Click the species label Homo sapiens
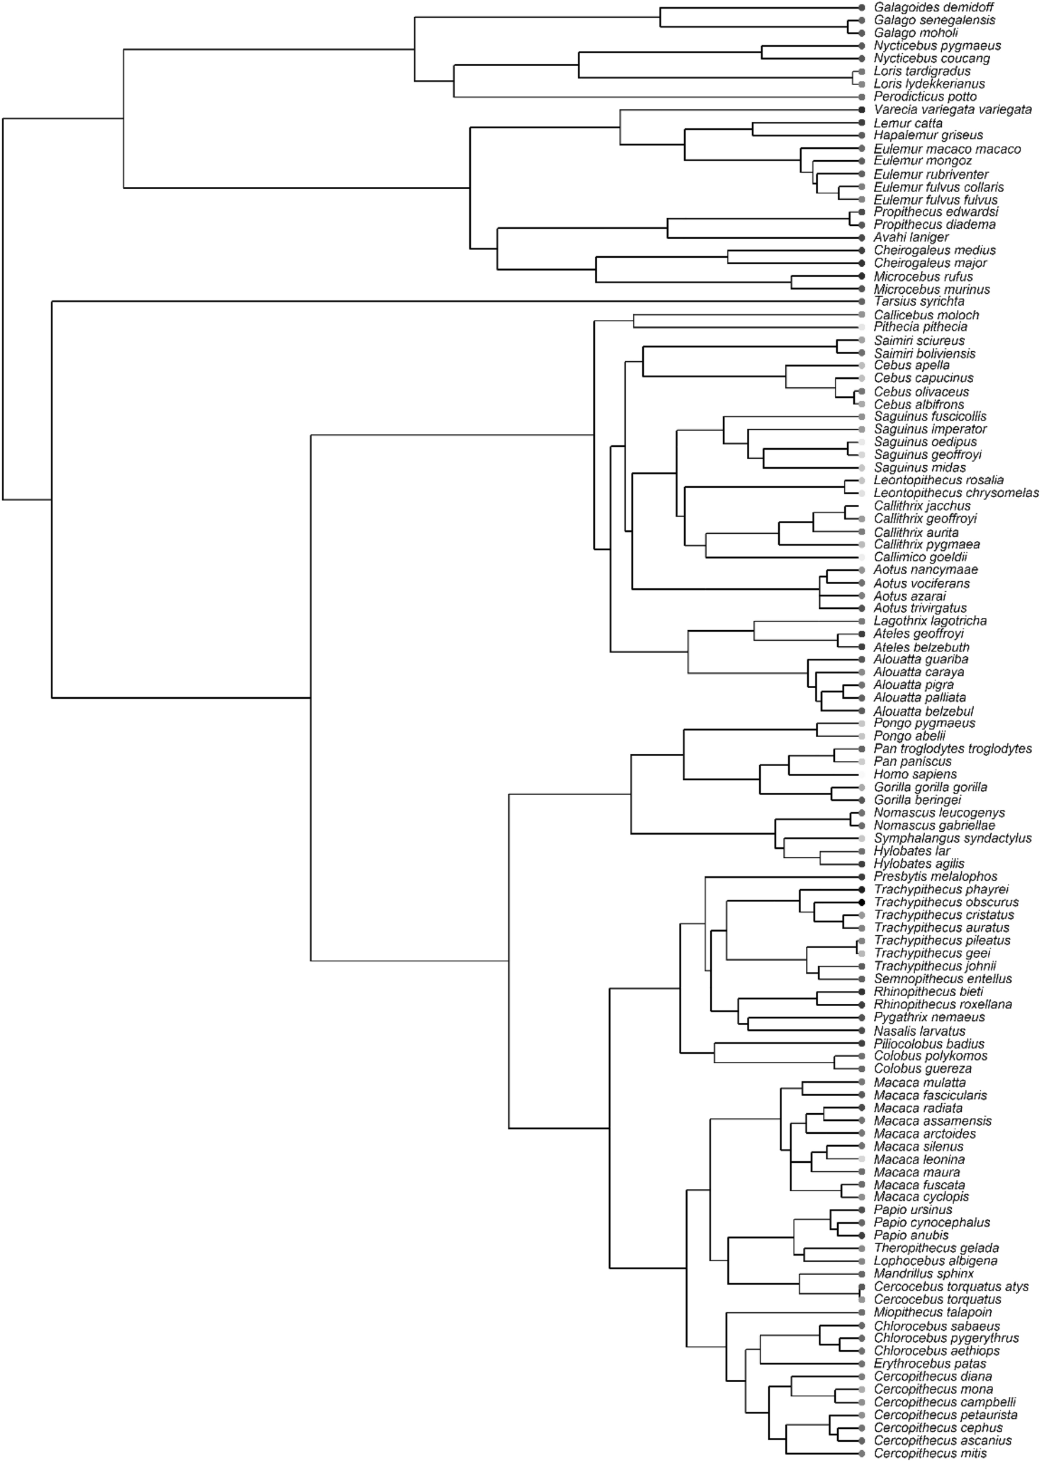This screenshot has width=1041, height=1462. pos(915,774)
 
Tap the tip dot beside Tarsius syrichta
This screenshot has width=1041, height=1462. pos(862,301)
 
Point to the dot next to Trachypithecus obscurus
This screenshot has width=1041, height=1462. pos(862,902)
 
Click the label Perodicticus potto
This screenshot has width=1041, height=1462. pos(925,97)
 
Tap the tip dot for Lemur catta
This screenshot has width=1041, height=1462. pos(862,122)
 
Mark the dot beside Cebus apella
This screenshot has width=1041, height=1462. pos(862,365)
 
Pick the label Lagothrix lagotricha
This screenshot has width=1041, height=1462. pos(930,621)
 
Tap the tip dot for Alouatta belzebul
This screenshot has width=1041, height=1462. pos(862,711)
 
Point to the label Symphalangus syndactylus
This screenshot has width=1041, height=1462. pos(952,838)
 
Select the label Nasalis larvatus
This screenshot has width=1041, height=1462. pos(919,1031)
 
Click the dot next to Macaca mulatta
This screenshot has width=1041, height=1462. pos(862,1082)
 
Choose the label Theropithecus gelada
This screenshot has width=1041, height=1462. pos(936,1248)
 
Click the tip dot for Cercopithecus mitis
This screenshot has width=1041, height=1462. pos(862,1453)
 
